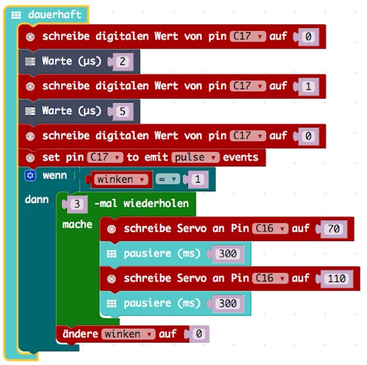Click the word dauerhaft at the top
[x=55, y=14]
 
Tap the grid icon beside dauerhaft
[x=16, y=15]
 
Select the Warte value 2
[x=122, y=62]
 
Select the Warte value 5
[x=122, y=111]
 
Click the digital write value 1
[x=308, y=87]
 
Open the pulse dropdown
[x=195, y=157]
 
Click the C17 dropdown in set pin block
[x=105, y=157]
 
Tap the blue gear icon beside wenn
[x=30, y=176]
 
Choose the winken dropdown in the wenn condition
[x=121, y=180]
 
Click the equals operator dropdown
[x=168, y=180]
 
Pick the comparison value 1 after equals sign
[x=198, y=180]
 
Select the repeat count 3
[x=77, y=205]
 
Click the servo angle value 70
[x=333, y=229]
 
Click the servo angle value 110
[x=337, y=278]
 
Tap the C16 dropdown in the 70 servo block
[x=270, y=228]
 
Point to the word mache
[x=77, y=225]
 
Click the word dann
[x=37, y=199]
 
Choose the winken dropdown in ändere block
[x=128, y=334]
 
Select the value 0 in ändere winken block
[x=199, y=334]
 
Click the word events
[x=240, y=157]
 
